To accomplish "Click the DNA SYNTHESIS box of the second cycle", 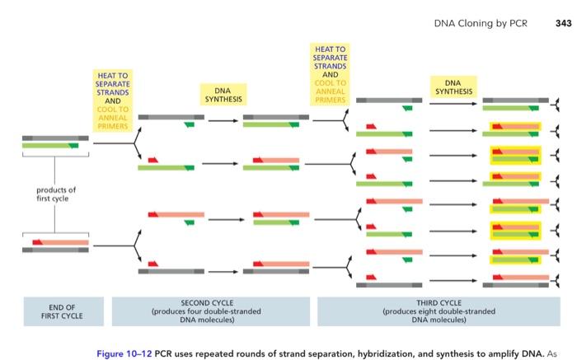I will [223, 95].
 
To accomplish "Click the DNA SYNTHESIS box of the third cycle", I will [453, 87].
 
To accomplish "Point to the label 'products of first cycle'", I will [55, 194].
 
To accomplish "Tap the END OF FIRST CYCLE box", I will [55, 311].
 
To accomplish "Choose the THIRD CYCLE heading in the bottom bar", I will [439, 303].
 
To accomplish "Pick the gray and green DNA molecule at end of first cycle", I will [55, 141].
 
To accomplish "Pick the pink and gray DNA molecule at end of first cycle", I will [55, 245].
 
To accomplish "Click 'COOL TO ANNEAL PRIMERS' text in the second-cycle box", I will [113, 117].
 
